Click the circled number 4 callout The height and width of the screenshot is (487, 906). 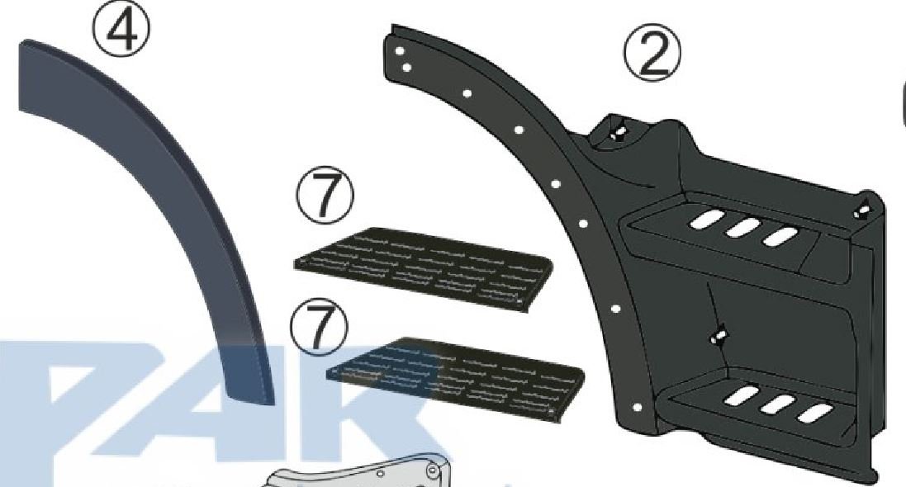click(x=122, y=29)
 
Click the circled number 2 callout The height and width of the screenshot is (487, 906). click(x=653, y=54)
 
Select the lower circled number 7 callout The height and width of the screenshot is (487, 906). click(x=320, y=329)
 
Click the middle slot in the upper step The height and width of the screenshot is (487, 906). click(x=742, y=228)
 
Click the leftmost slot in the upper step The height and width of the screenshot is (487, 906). click(x=706, y=220)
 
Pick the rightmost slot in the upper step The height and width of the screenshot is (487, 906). click(x=780, y=236)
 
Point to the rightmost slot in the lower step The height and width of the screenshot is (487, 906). click(x=814, y=413)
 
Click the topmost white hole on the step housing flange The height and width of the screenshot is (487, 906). click(x=399, y=51)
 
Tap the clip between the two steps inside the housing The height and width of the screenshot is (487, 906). click(x=719, y=336)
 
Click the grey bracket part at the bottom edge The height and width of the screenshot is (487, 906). click(x=370, y=470)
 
